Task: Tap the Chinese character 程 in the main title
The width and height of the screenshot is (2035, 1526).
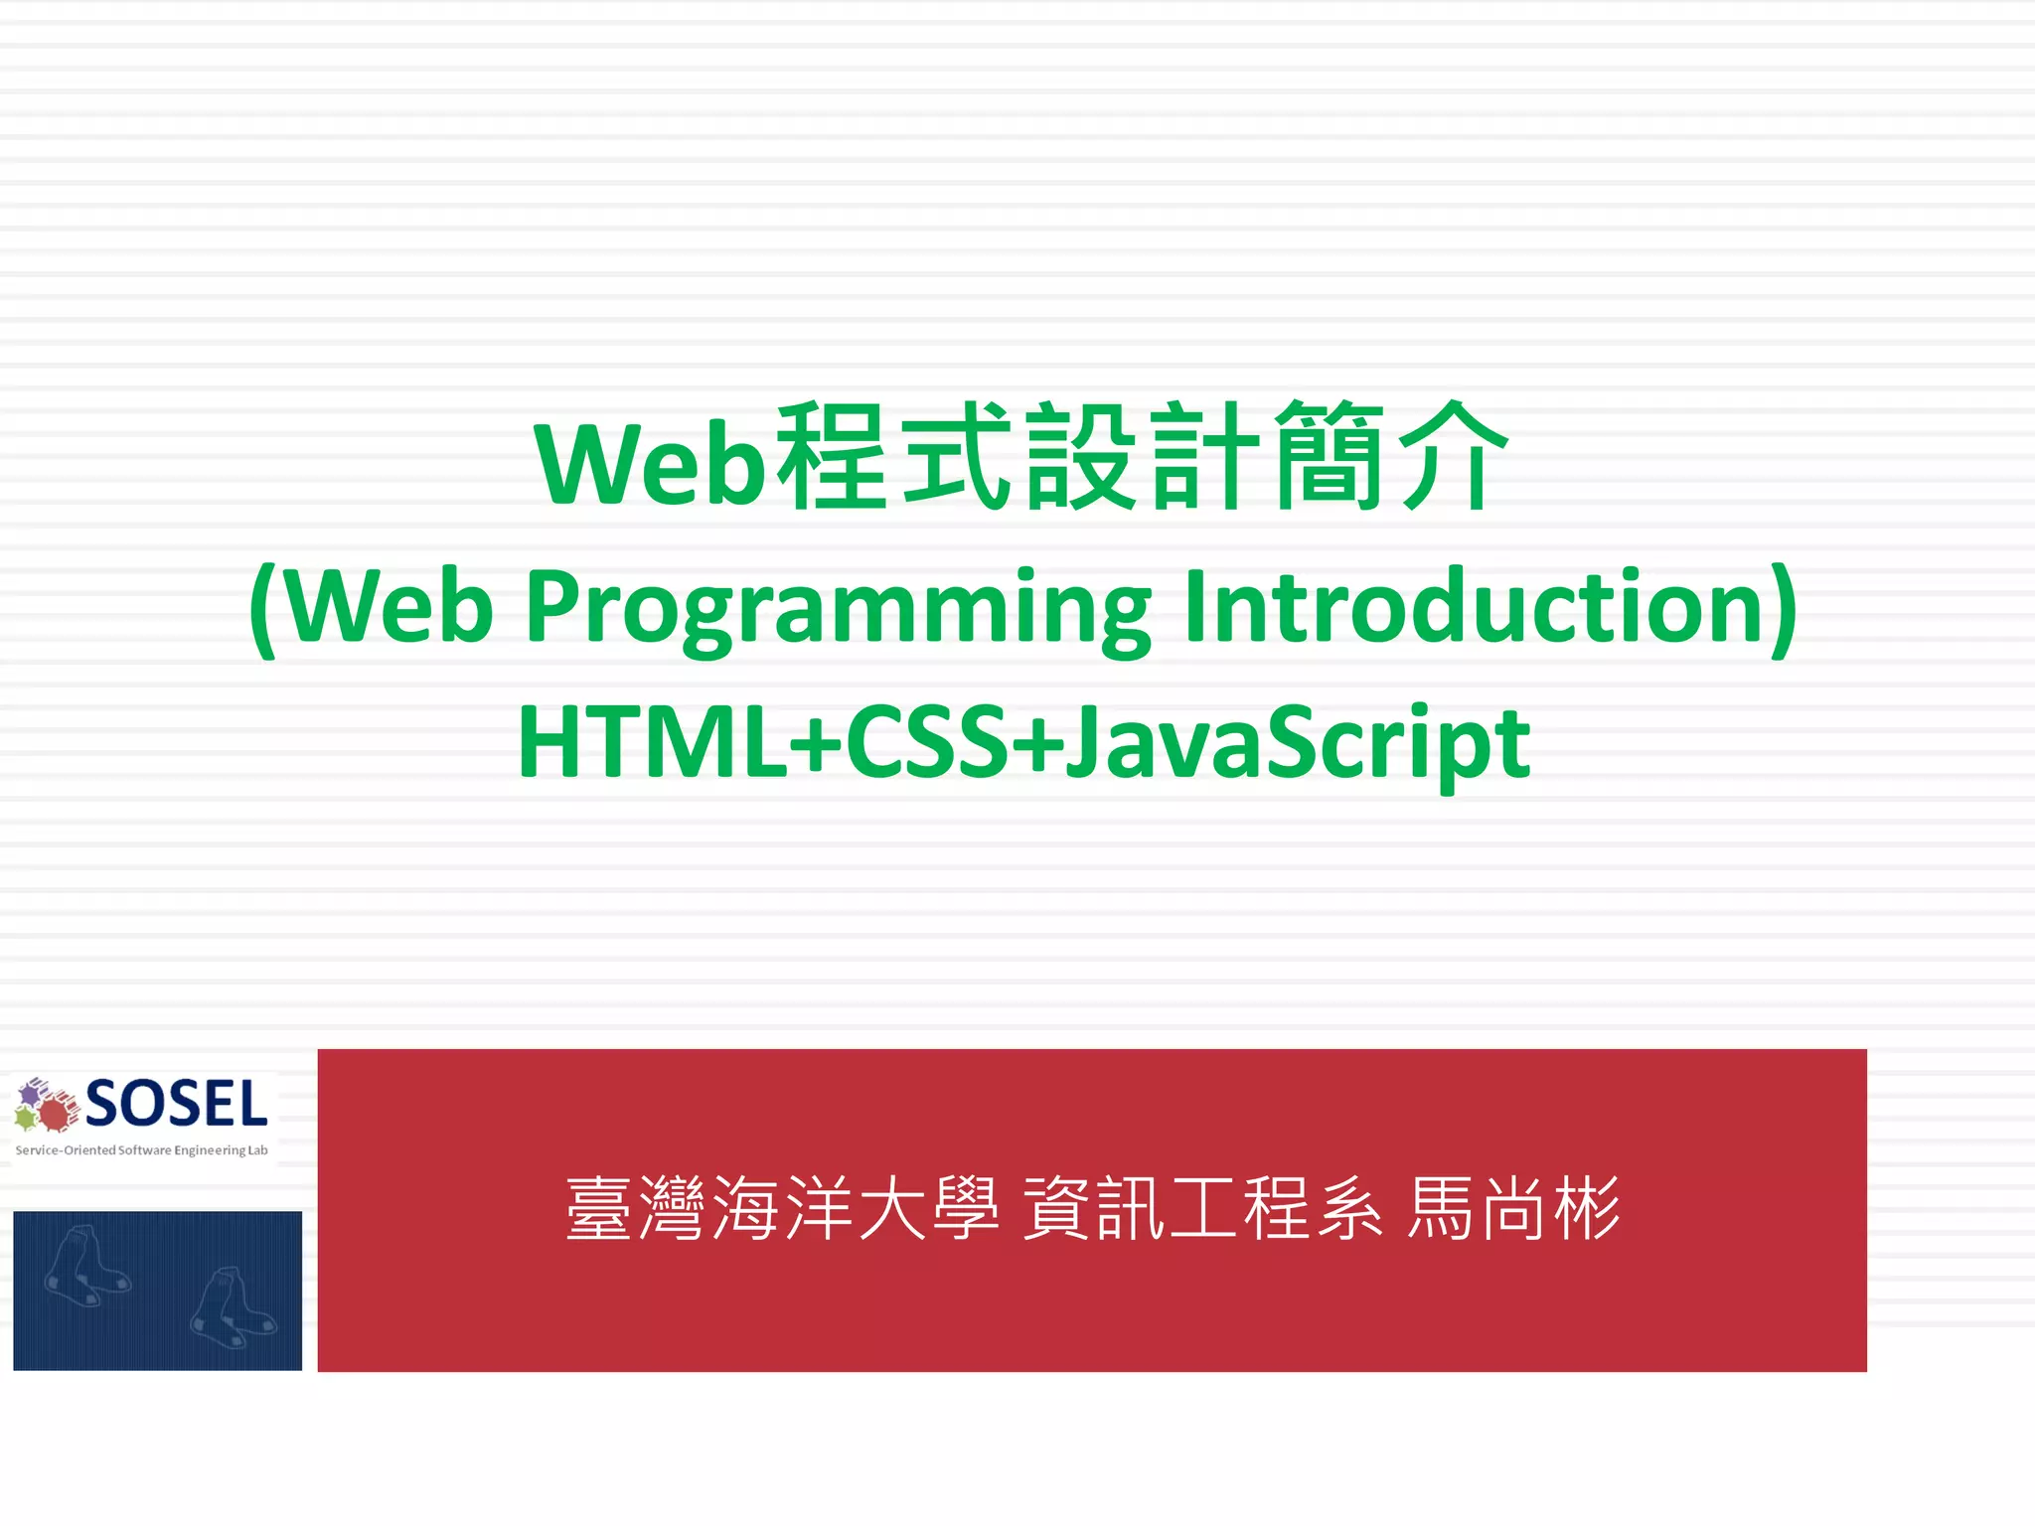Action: coord(833,457)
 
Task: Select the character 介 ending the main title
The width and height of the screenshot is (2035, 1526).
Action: coord(1453,457)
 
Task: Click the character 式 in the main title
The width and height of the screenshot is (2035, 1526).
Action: coord(956,457)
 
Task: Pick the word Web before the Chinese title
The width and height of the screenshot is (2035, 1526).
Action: coord(651,463)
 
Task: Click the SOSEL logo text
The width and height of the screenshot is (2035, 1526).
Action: coord(177,1104)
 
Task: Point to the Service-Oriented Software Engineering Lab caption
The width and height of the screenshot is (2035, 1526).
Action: coord(142,1150)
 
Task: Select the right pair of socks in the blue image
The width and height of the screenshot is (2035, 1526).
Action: coord(233,1307)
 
